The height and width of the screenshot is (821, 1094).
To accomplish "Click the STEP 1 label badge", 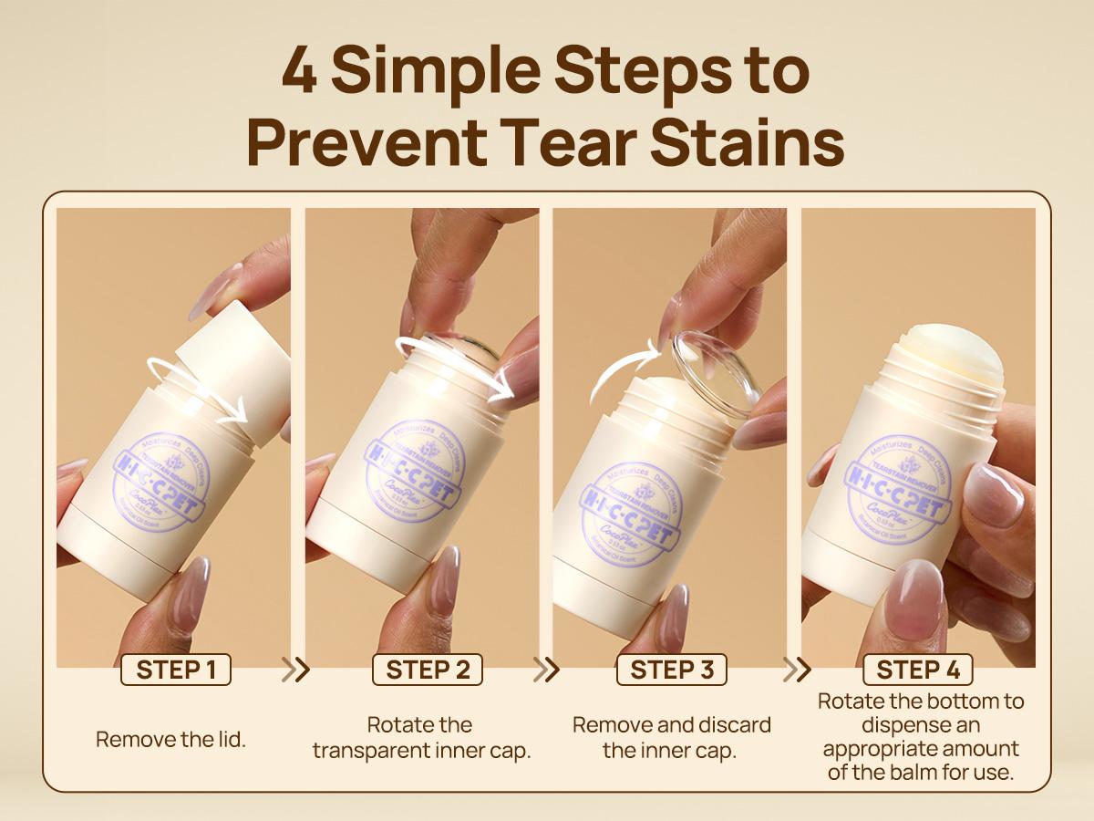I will (176, 670).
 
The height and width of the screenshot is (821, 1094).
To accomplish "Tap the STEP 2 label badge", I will (428, 670).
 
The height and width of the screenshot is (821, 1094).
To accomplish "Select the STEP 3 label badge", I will (672, 670).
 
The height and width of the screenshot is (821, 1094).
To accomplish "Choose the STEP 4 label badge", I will (918, 670).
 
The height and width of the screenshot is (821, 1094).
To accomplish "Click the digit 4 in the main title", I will (300, 71).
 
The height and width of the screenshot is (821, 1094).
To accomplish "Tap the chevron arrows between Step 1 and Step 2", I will (295, 670).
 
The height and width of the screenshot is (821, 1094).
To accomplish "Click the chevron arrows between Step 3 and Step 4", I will (797, 670).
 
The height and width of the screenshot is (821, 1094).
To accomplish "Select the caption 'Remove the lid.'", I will (171, 739).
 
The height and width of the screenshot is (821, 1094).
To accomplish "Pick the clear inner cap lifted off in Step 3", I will (717, 374).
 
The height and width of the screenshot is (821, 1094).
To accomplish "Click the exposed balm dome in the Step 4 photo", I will (948, 351).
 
